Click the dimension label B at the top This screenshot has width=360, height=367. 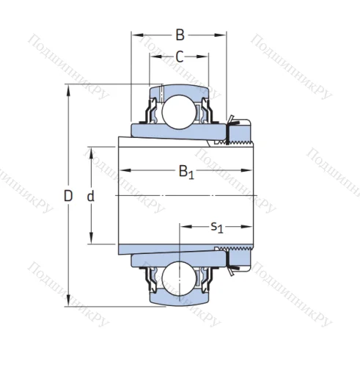[179, 33]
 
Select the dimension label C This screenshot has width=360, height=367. [179, 57]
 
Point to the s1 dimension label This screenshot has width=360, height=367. [217, 227]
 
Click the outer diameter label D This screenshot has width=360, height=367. [68, 196]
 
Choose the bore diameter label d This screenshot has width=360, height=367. [91, 196]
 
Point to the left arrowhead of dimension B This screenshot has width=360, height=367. [135, 33]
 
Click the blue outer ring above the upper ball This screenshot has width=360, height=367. [178, 90]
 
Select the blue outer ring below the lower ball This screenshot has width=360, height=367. [178, 301]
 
